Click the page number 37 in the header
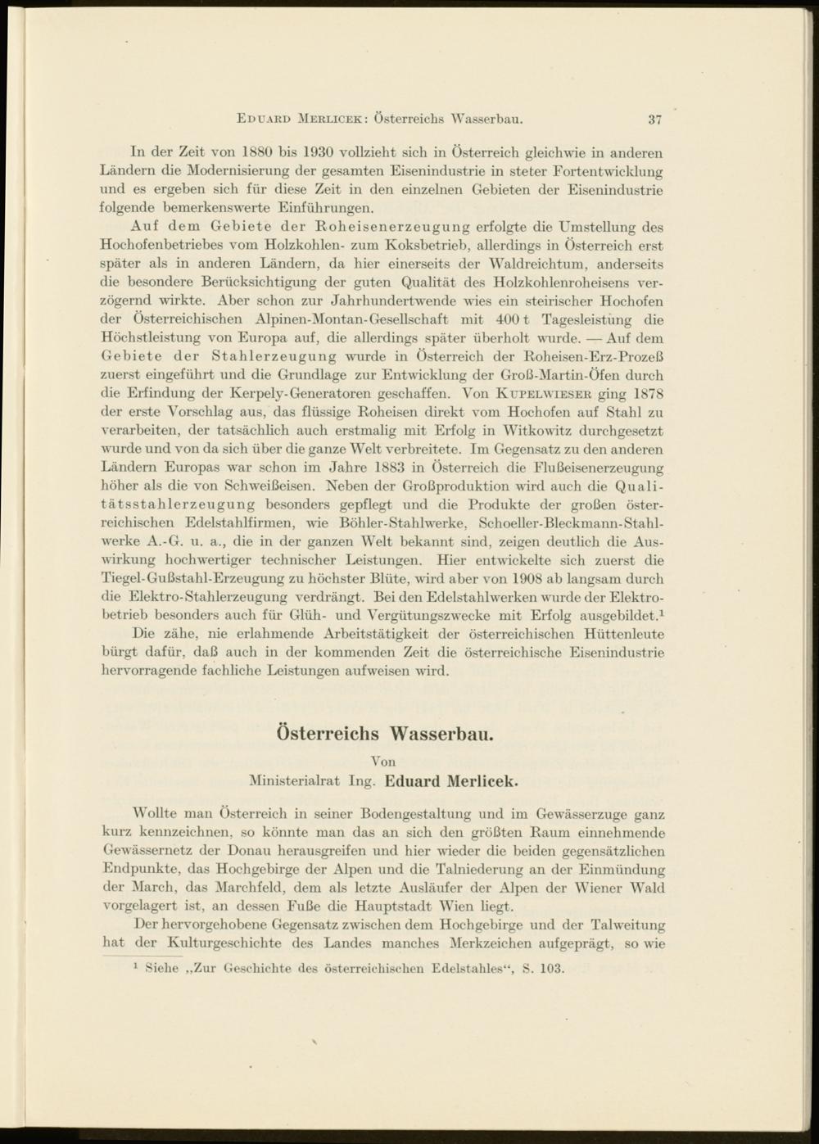[654, 119]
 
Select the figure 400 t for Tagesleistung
[512, 319]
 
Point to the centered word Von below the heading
[382, 762]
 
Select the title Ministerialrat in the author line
[295, 781]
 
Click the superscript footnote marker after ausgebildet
[661, 612]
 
